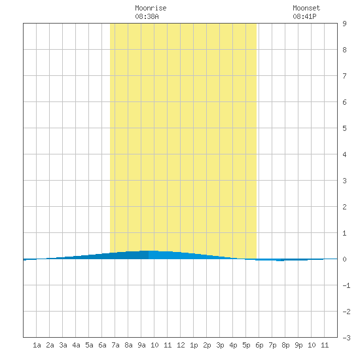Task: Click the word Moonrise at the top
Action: pyautogui.click(x=151, y=8)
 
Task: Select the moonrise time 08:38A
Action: pyautogui.click(x=147, y=16)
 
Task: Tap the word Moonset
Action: pyautogui.click(x=306, y=8)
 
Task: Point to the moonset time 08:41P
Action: pyautogui.click(x=304, y=16)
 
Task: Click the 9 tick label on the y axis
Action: pyautogui.click(x=344, y=24)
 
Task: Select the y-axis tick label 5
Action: pyautogui.click(x=344, y=128)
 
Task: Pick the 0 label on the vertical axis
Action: pyautogui.click(x=344, y=259)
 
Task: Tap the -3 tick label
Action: pyautogui.click(x=346, y=338)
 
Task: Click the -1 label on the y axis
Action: pyautogui.click(x=346, y=285)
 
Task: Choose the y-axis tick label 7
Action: pyautogui.click(x=344, y=76)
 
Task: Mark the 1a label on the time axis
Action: pyautogui.click(x=37, y=345)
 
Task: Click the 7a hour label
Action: pyautogui.click(x=115, y=345)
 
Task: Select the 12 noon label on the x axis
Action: pyautogui.click(x=181, y=345)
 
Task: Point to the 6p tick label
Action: pyautogui.click(x=259, y=345)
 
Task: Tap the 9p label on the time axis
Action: pyautogui.click(x=298, y=345)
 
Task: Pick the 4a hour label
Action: pyautogui.click(x=76, y=345)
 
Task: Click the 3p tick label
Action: pyautogui.click(x=220, y=345)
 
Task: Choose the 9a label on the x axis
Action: pyautogui.click(x=141, y=345)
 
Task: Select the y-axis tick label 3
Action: pyautogui.click(x=344, y=181)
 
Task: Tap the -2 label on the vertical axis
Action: pyautogui.click(x=346, y=312)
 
